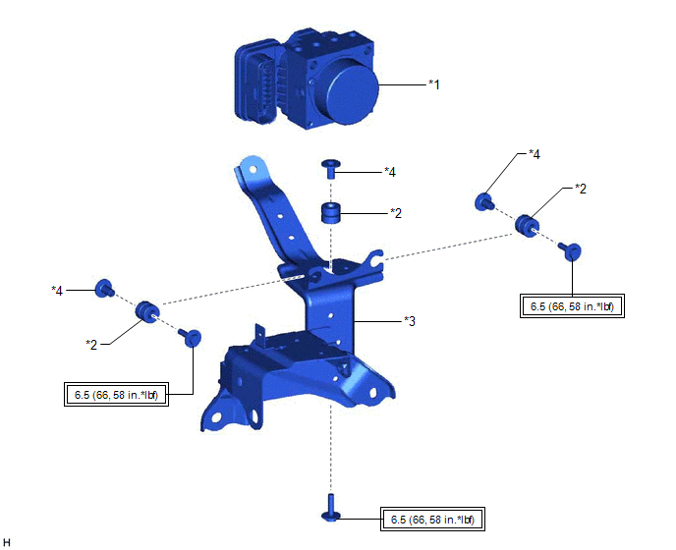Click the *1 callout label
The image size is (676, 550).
pyautogui.click(x=434, y=84)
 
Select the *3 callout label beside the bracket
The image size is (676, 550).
pyautogui.click(x=410, y=321)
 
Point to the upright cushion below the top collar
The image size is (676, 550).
pyautogui.click(x=331, y=213)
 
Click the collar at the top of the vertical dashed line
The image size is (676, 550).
pyautogui.click(x=331, y=169)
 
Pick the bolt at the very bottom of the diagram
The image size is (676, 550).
pyautogui.click(x=331, y=508)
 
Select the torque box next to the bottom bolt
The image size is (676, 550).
pyautogui.click(x=432, y=519)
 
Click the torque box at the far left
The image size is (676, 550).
pyautogui.click(x=116, y=395)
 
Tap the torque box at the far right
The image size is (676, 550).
pyautogui.click(x=572, y=306)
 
